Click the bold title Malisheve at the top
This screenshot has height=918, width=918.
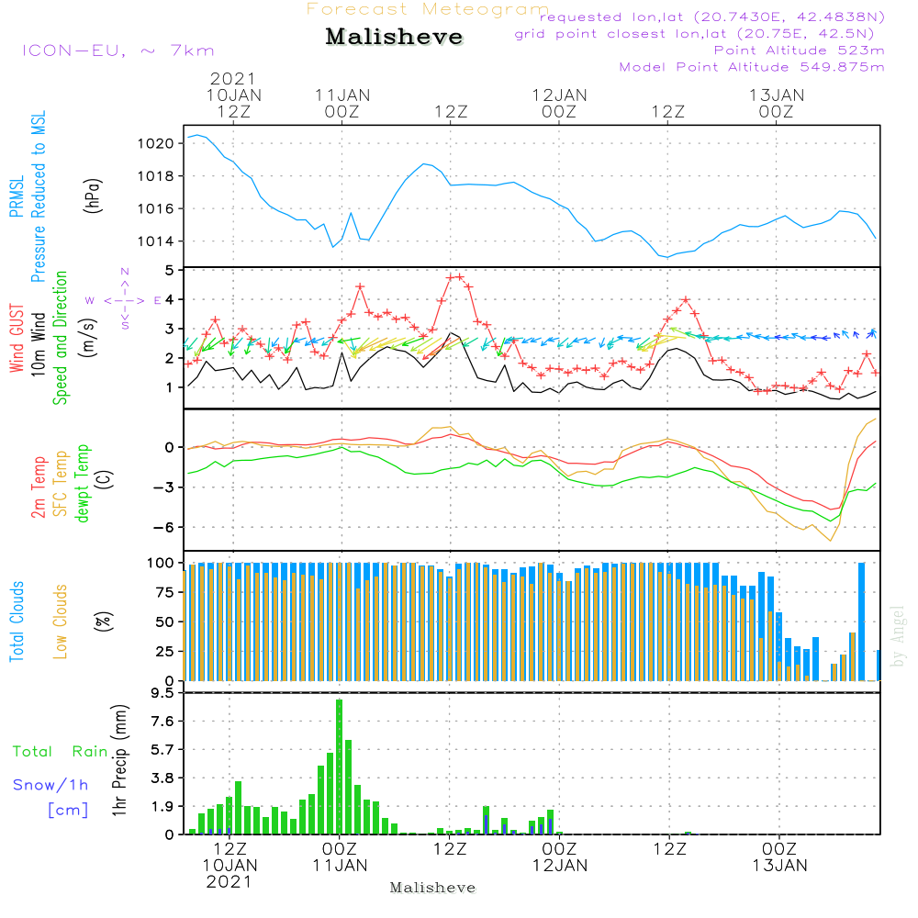click(x=394, y=37)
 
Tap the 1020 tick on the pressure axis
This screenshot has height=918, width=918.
click(x=155, y=143)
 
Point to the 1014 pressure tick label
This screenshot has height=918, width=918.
click(x=155, y=241)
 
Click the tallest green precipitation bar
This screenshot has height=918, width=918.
click(x=339, y=767)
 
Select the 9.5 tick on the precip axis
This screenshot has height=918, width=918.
click(x=162, y=693)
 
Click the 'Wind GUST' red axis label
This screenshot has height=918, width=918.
click(x=17, y=338)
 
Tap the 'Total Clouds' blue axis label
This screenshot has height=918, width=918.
click(x=17, y=621)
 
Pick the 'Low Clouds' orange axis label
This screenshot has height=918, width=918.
click(x=61, y=621)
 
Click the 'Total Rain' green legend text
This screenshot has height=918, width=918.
click(x=61, y=751)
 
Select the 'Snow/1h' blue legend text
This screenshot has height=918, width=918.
click(x=50, y=785)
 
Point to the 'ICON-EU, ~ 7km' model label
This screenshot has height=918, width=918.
click(x=118, y=50)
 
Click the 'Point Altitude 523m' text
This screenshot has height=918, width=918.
click(x=800, y=50)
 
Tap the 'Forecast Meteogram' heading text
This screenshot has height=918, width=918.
click(x=428, y=9)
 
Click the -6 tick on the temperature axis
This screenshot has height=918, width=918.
click(x=163, y=528)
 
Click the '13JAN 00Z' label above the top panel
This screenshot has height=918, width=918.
click(x=777, y=103)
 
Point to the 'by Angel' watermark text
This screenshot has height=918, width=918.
click(x=898, y=636)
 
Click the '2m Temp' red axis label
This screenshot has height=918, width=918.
click(x=38, y=487)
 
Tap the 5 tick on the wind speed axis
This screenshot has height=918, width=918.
click(x=170, y=271)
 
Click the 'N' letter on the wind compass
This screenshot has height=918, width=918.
click(x=125, y=272)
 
